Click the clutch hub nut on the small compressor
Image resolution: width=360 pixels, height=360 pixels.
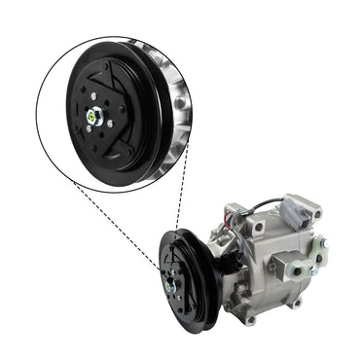[171, 284]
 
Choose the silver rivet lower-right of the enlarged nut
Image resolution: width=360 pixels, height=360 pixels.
[113, 125]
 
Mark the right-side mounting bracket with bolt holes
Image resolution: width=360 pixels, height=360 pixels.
[317, 255]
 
